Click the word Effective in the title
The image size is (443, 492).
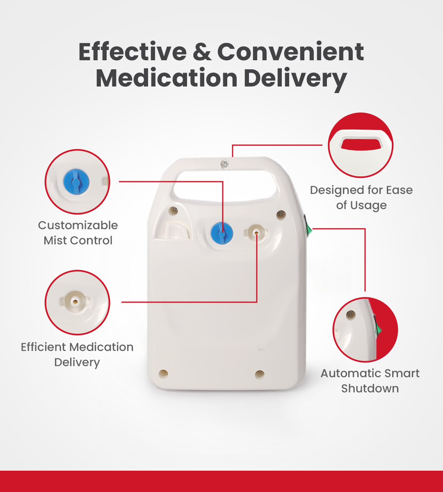(132, 52)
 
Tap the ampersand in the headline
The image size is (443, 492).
(202, 52)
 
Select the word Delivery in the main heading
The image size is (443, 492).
(295, 79)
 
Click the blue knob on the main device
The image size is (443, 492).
(222, 233)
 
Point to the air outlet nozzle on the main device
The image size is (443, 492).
(256, 233)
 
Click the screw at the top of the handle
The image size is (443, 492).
(225, 164)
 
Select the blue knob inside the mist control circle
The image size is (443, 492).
(76, 182)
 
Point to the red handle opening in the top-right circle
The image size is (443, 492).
(362, 144)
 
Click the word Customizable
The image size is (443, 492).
(78, 225)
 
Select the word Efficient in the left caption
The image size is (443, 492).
(44, 347)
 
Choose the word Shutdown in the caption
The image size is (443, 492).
(370, 389)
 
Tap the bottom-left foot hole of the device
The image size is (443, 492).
(163, 374)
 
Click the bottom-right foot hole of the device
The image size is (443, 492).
(259, 374)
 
